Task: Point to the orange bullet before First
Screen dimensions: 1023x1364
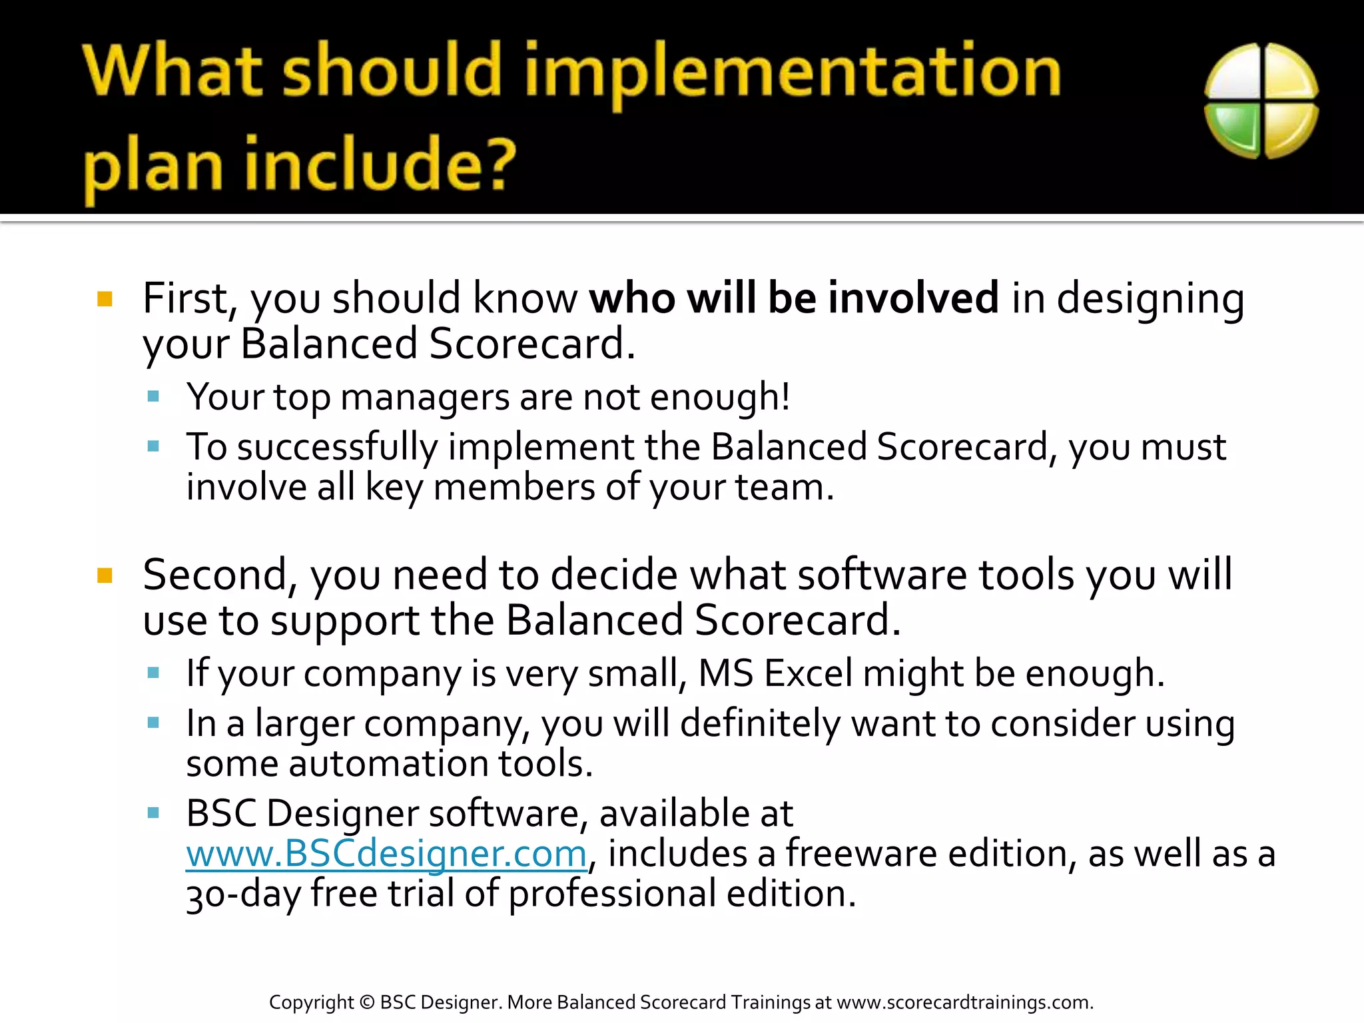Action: coord(105,298)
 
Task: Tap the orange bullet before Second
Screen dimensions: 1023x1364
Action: coord(105,575)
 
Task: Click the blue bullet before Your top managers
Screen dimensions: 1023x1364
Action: coord(153,397)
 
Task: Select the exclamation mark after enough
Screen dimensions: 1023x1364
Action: coord(786,396)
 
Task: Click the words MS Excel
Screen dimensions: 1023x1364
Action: coord(775,673)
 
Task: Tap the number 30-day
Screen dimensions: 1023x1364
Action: coord(243,894)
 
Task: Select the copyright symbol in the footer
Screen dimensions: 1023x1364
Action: coord(366,1002)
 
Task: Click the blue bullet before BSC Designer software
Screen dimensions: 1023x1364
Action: coord(153,813)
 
